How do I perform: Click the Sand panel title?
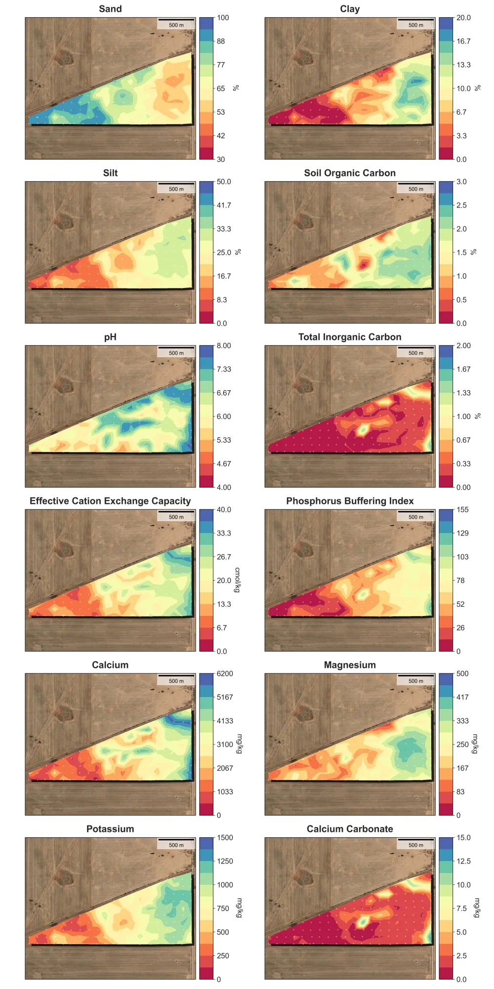110,9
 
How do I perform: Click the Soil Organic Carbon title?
350,173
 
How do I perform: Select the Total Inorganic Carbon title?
350,337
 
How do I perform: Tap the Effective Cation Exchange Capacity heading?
110,501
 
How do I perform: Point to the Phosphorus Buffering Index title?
350,501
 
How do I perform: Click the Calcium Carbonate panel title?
350,829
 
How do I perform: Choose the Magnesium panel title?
350,665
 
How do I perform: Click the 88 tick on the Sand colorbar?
220,41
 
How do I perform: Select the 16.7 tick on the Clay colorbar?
463,41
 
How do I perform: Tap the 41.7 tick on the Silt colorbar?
224,206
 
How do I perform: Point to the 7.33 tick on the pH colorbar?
224,370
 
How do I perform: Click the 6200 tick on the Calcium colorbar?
225,674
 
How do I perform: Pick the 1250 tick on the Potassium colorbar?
225,861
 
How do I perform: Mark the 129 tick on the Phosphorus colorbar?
462,534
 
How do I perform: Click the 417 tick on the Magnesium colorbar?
462,698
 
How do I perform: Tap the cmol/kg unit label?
238,580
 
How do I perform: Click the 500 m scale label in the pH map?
176,353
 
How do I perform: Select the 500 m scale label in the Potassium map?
176,845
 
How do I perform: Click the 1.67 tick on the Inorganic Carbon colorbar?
463,370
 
